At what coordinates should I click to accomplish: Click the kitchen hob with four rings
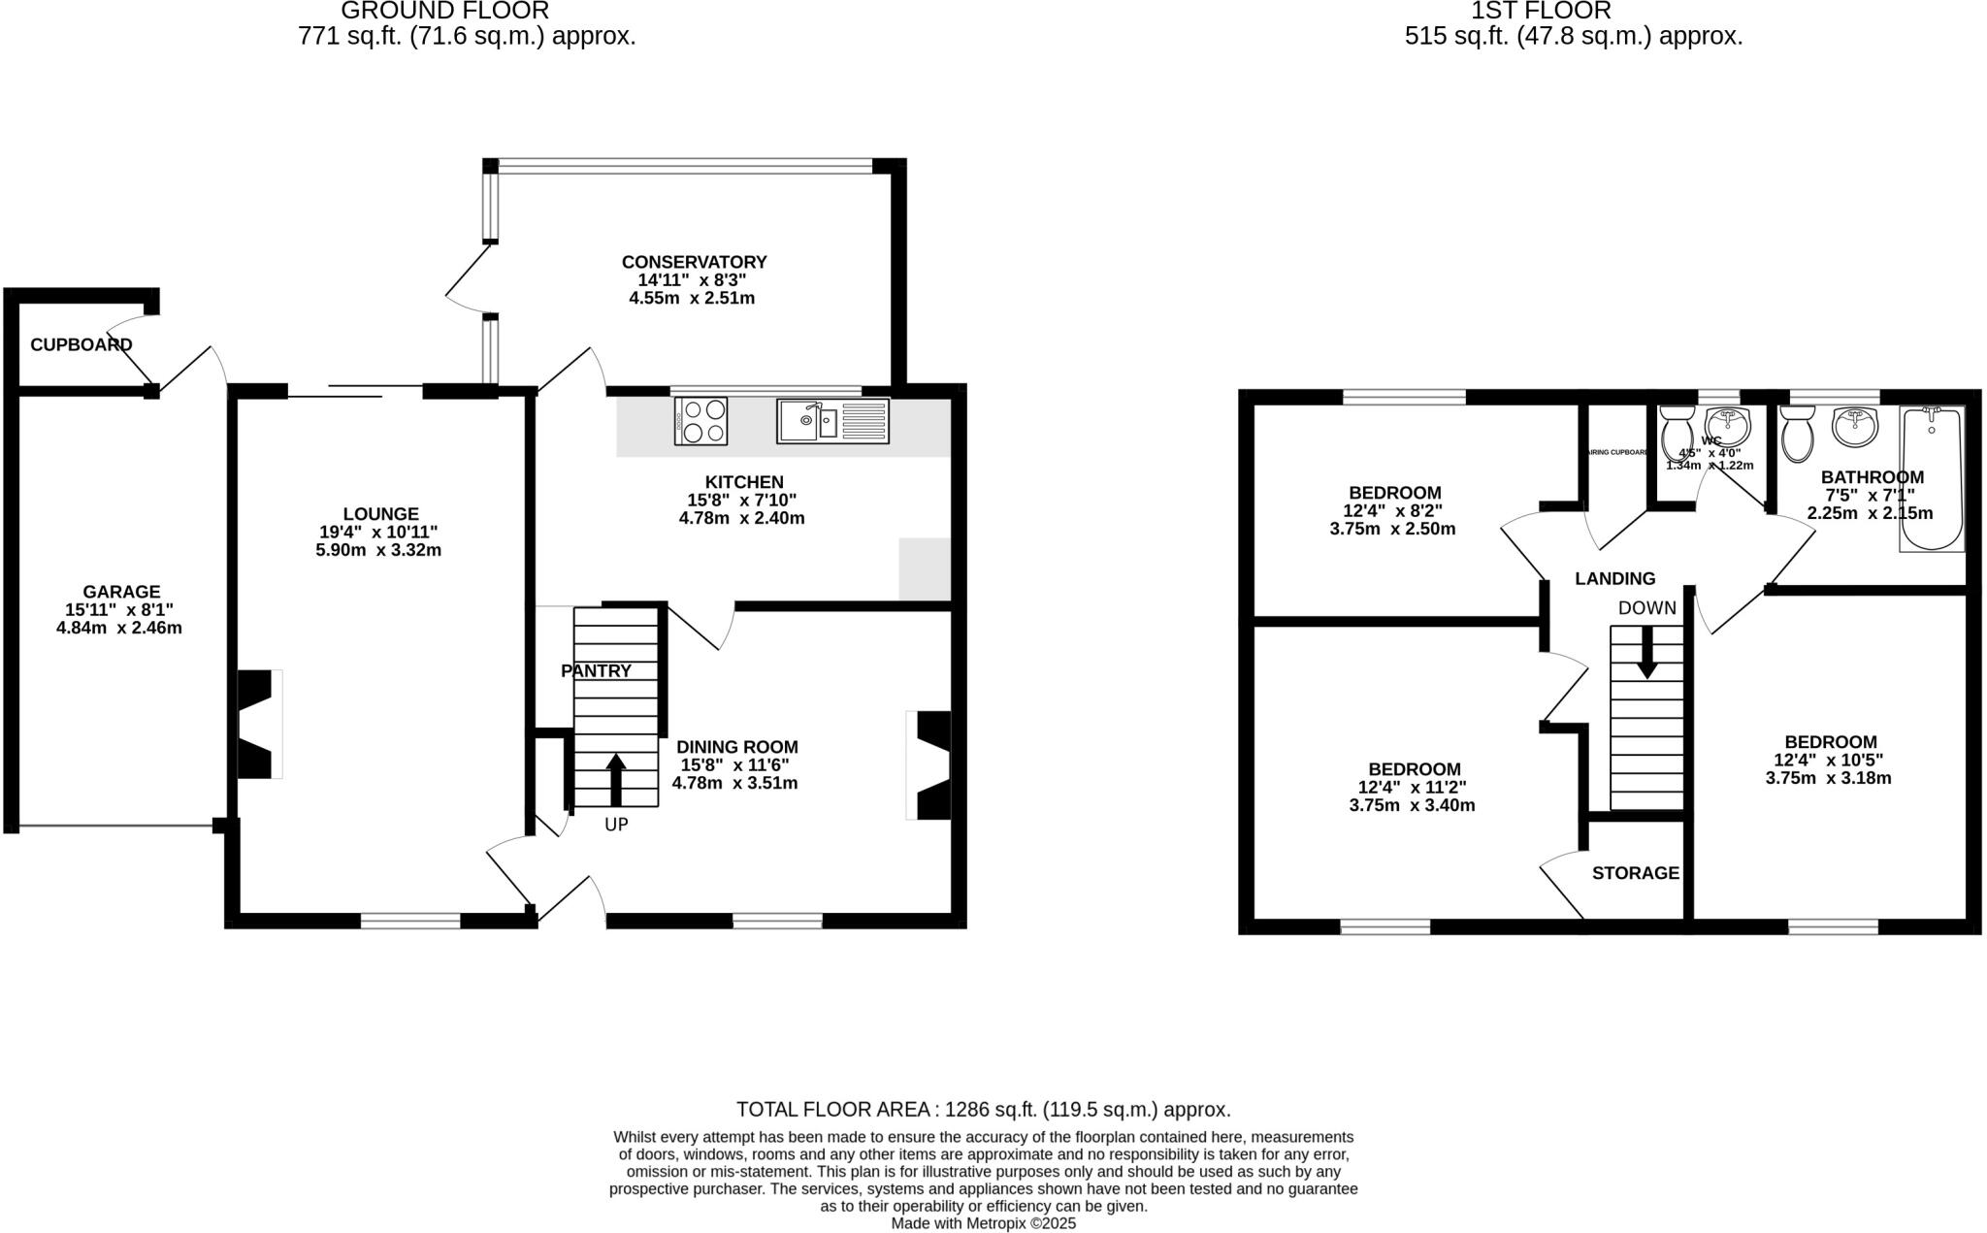click(x=701, y=421)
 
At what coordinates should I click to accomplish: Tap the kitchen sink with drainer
click(x=832, y=421)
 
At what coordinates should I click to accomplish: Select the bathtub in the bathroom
click(x=1932, y=477)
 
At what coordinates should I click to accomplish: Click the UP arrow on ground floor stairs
click(x=616, y=780)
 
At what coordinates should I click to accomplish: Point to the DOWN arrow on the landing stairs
click(x=1646, y=653)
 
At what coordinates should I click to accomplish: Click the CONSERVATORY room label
click(x=694, y=262)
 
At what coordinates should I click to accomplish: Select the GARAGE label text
click(x=121, y=592)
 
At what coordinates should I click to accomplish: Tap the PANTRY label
click(x=596, y=671)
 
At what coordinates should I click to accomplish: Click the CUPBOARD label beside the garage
click(x=81, y=344)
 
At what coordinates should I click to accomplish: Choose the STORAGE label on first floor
click(x=1635, y=873)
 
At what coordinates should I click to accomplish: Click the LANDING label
click(x=1614, y=579)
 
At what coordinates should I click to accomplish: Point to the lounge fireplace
click(x=259, y=724)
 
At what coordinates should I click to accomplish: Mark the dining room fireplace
click(x=929, y=766)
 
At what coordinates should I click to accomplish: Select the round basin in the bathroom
click(x=1854, y=427)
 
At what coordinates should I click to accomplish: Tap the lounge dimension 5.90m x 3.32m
click(x=378, y=550)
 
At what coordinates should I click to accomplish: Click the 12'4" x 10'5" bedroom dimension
click(x=1828, y=760)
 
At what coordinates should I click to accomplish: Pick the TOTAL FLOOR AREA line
click(x=983, y=1110)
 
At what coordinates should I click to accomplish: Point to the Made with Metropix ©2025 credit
click(x=983, y=1223)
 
